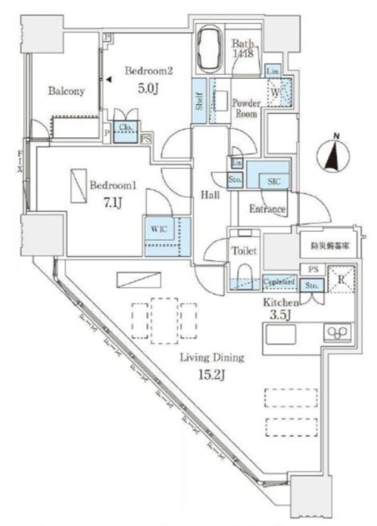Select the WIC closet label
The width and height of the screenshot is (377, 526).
click(159, 228)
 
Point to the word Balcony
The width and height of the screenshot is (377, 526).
click(66, 91)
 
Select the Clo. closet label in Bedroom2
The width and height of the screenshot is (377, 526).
click(125, 127)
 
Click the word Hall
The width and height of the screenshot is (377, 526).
click(210, 195)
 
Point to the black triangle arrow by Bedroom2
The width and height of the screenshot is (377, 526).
click(109, 80)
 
